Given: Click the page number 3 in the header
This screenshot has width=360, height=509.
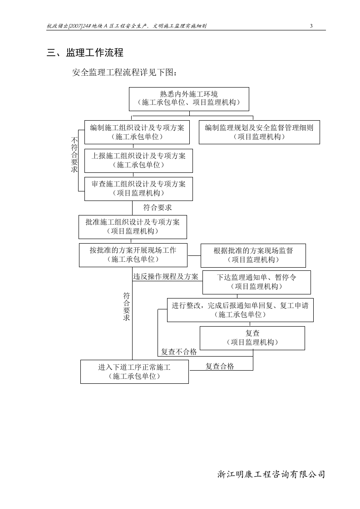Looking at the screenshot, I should point(311,26).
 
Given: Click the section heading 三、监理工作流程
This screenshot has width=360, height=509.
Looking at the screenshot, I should point(85,53).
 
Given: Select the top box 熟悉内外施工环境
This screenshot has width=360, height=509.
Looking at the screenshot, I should point(189,99).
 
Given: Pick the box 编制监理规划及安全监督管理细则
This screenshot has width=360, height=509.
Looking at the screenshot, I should point(259,132).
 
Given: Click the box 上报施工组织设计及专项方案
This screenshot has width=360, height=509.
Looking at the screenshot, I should point(138,161).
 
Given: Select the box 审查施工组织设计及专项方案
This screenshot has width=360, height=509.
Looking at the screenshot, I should point(138,189).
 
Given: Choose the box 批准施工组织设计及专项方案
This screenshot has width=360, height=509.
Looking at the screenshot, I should point(133,227).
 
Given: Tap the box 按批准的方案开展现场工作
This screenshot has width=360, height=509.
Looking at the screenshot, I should point(133,255).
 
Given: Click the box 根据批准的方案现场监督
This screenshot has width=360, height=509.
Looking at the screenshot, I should point(253,255).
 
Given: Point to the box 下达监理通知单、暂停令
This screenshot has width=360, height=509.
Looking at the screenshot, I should point(256,282).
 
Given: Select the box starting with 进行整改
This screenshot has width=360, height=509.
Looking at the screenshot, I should point(240,310).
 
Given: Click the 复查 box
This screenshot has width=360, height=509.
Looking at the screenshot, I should point(252,338).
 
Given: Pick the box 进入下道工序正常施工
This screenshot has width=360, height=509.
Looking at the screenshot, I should point(134,372).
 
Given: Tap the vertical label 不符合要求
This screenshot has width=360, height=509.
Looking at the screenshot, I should point(74,155).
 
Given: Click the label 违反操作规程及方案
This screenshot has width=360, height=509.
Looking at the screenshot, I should point(166,276).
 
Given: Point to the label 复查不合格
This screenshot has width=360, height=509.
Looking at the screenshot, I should point(179,352).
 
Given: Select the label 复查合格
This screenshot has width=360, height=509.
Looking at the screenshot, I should point(220,366).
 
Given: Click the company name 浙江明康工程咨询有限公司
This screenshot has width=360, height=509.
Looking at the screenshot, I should point(271,475).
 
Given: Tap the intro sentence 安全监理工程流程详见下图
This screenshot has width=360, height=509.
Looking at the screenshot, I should point(123,73).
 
